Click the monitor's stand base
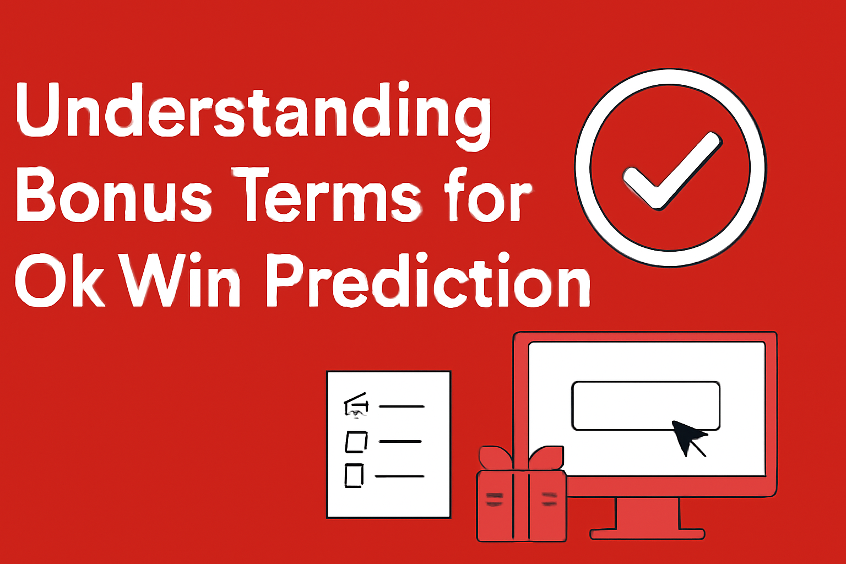point(647,534)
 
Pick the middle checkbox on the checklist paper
point(356,441)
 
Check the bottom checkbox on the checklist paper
point(354,475)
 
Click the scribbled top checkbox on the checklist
point(356,406)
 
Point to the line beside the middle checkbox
point(400,441)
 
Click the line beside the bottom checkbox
point(399,476)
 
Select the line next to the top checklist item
point(402,406)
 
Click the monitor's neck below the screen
point(647,512)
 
